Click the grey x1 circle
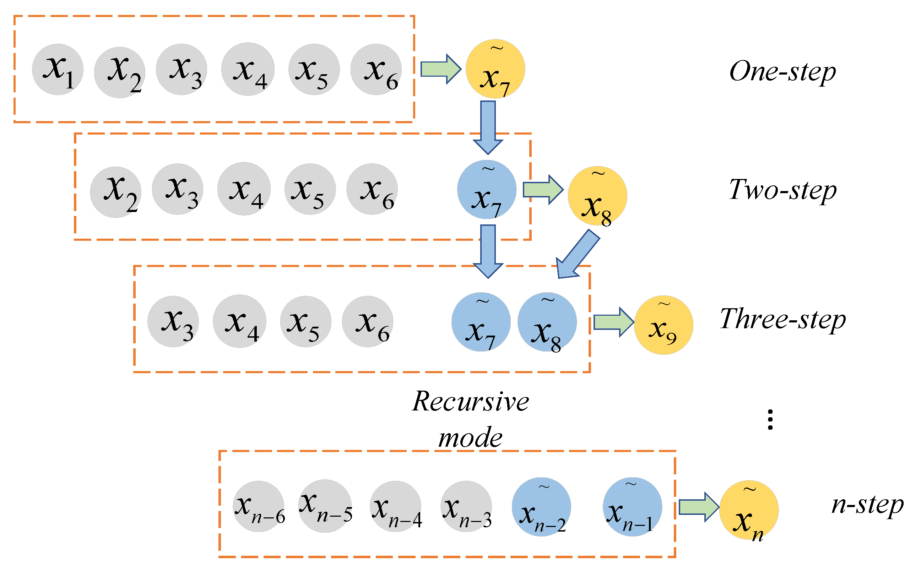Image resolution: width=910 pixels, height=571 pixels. click(x=58, y=70)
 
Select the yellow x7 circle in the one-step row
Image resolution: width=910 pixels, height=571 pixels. click(x=495, y=69)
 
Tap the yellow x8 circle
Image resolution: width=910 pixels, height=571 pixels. click(x=597, y=196)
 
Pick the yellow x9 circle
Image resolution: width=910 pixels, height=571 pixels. click(x=663, y=325)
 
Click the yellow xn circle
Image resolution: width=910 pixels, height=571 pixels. click(x=749, y=510)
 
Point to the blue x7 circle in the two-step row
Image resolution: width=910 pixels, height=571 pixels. click(x=487, y=190)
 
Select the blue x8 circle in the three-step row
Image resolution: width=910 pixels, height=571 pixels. click(x=547, y=322)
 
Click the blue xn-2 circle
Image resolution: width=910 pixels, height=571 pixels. click(x=541, y=507)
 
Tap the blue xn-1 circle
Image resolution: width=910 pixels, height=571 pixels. click(x=632, y=507)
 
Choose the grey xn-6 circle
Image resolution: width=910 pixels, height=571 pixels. click(x=258, y=506)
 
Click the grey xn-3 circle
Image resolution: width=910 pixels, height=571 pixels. click(x=466, y=506)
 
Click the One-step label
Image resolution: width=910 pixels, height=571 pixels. click(x=782, y=71)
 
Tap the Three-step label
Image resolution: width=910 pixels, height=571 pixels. click(x=782, y=319)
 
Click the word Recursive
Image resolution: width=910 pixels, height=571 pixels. click(x=470, y=401)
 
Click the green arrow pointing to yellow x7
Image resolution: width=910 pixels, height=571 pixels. click(x=440, y=69)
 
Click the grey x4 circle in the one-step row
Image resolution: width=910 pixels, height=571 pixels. click(x=248, y=70)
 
